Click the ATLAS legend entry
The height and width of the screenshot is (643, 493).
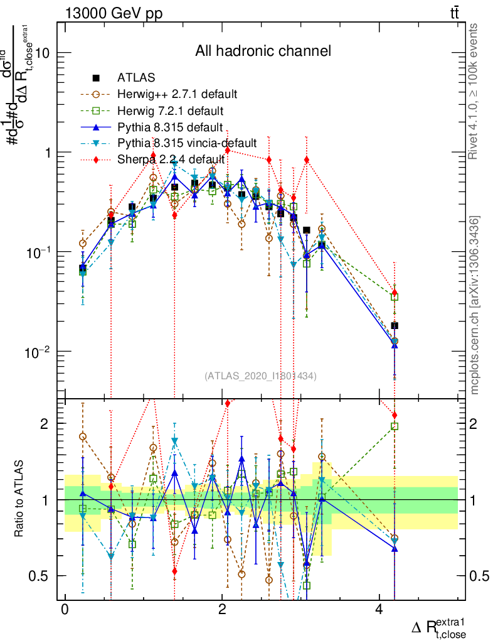132,78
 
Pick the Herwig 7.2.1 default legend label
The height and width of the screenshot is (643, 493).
170,111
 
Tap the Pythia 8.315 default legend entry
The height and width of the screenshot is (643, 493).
170,127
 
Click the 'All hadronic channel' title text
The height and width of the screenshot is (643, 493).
263,51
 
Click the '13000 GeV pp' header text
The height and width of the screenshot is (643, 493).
114,14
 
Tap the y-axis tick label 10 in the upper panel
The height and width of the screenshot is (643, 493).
42,53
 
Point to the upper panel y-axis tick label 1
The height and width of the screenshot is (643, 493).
47,153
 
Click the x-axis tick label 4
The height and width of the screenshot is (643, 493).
379,610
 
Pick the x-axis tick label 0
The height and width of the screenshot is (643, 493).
65,610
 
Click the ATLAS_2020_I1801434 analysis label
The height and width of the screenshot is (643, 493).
260,376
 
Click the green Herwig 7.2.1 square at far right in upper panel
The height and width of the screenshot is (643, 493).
395,296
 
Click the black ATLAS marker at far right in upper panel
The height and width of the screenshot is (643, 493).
395,325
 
